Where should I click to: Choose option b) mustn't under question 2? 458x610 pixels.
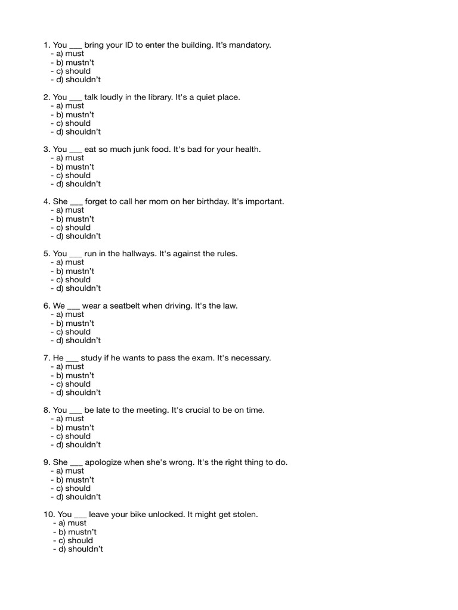point(75,114)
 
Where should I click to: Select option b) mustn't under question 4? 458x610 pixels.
point(75,219)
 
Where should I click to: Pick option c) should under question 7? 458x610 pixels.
point(74,384)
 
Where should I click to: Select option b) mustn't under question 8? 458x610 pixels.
point(75,428)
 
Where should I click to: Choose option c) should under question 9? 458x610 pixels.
point(74,488)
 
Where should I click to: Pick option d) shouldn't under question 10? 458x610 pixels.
point(81,549)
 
